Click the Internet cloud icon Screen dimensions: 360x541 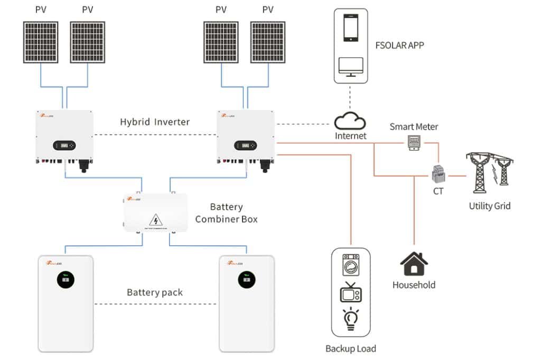[x=350, y=122]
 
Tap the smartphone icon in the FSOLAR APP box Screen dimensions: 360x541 [x=351, y=27]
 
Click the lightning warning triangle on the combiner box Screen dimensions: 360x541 [x=156, y=219]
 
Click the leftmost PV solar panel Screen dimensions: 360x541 [x=41, y=42]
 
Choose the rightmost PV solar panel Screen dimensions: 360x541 [x=268, y=42]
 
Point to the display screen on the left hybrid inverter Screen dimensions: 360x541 [x=64, y=145]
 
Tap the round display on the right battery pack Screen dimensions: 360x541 [x=244, y=280]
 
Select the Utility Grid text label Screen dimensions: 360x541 [x=490, y=206]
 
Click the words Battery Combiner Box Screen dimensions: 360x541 [x=226, y=213]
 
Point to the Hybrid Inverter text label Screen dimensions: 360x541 [x=155, y=122]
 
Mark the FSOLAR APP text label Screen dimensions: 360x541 [x=399, y=45]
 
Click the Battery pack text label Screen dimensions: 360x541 [x=155, y=292]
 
